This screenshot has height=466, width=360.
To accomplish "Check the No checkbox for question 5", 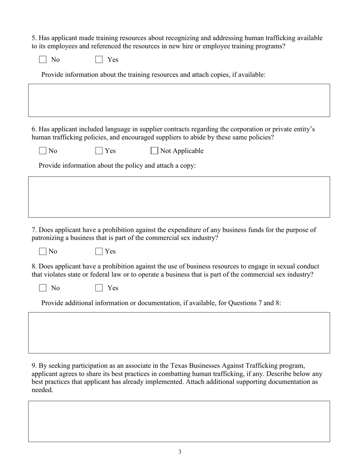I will [x=43, y=59].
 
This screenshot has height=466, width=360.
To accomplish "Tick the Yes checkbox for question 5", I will [x=99, y=59].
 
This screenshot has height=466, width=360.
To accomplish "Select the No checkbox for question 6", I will [x=43, y=151].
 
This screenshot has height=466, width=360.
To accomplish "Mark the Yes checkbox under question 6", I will [x=99, y=151].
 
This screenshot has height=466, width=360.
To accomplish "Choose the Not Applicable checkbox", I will [x=154, y=151].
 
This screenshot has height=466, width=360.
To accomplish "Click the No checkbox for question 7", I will [x=43, y=251].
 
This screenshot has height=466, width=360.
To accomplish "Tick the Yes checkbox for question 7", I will [x=99, y=251].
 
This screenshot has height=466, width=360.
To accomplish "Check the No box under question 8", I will [x=43, y=288].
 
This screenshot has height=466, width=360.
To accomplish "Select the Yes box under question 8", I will [x=99, y=288].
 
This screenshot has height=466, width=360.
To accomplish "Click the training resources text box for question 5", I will [x=179, y=100].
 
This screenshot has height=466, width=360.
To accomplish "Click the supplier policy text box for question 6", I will [x=179, y=197].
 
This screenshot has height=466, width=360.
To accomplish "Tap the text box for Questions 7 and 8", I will [x=179, y=333].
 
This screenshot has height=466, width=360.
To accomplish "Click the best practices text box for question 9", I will [x=179, y=421].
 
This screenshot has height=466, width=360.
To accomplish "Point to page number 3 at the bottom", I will [x=180, y=452].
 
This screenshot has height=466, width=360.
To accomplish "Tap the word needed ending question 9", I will [x=42, y=390].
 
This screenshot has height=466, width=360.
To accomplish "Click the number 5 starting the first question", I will [x=34, y=38].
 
